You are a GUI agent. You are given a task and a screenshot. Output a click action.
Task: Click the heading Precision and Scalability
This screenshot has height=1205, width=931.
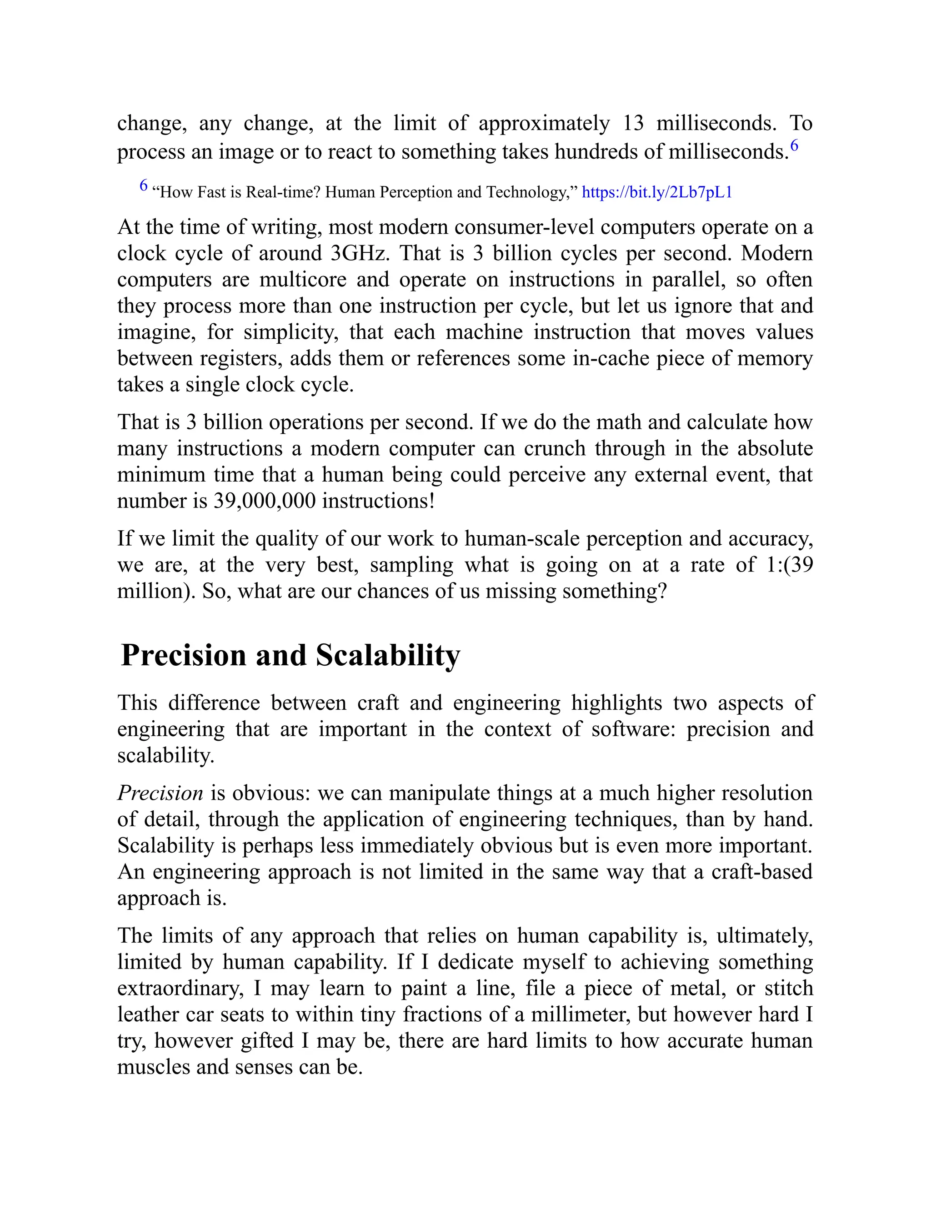(290, 655)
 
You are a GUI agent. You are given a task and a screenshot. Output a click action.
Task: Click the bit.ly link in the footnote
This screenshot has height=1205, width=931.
(657, 192)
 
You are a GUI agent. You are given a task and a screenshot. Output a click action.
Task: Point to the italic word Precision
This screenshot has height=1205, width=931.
(160, 793)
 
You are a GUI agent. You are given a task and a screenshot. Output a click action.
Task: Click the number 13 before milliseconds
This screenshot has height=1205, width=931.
(633, 123)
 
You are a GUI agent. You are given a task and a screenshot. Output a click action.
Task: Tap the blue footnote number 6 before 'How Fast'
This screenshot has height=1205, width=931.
(143, 186)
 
